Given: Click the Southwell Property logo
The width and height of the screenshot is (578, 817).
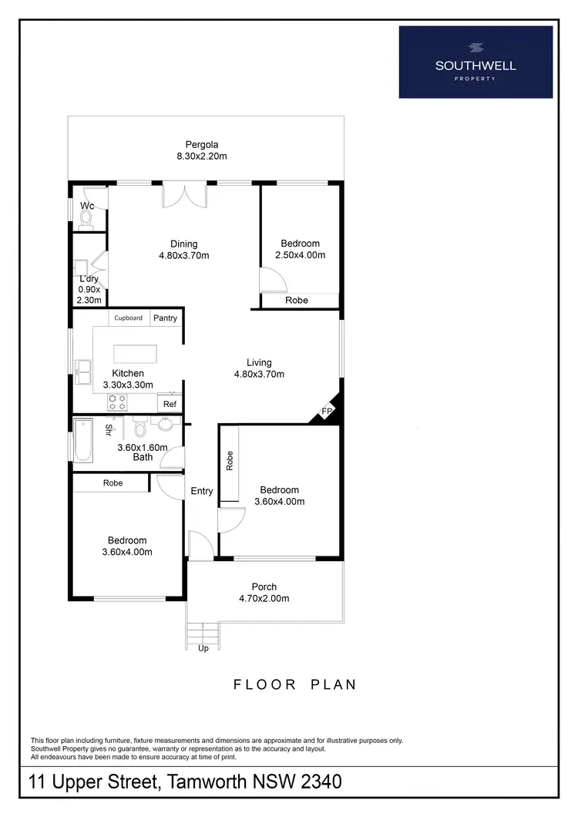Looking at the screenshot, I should coord(476,62).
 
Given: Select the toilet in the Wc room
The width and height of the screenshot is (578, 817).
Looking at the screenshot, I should coord(86,221).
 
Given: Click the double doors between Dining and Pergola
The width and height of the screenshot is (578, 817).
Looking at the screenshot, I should coord(185,196).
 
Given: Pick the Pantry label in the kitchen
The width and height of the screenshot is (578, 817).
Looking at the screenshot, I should coord(165,318).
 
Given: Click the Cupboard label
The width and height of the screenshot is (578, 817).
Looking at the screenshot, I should coord(129,318).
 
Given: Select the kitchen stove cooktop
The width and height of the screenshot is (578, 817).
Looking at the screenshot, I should coord(117,402).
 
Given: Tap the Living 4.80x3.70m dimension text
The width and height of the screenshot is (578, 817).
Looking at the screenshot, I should coord(259,375).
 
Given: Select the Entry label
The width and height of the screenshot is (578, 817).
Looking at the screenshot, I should coord(202,491).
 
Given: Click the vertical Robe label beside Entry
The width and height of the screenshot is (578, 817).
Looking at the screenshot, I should coord(230,461).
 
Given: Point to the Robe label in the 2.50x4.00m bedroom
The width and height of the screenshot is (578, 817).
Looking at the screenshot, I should coord(297,301).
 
